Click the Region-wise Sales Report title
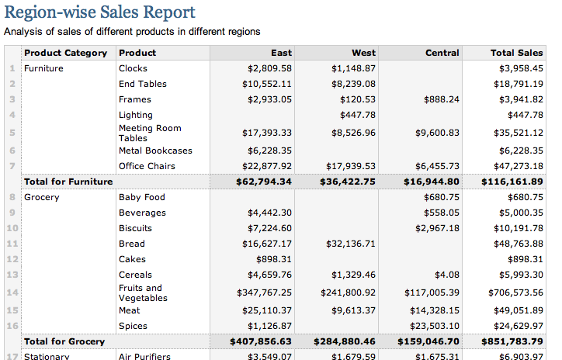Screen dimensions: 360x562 coord(110,12)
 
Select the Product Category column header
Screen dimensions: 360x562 coord(66,53)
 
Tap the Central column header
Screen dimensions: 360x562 coord(442,53)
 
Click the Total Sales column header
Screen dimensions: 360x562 coord(516,53)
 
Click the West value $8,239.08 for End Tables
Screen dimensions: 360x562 coord(353,84)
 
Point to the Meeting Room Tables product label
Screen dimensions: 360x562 coord(150,133)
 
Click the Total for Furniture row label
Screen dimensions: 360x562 coord(68,182)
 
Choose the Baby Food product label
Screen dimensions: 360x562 coord(141,197)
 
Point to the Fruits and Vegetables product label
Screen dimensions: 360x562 coord(143,292)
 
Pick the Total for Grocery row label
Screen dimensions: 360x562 coord(64,341)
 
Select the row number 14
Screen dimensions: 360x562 coord(12,292)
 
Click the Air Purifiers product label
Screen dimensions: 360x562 coord(145,356)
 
